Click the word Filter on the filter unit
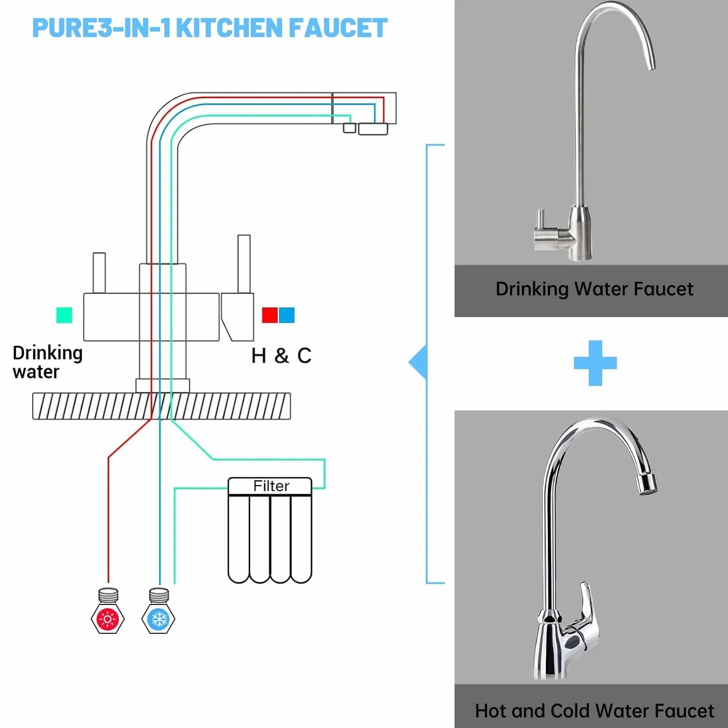[271, 486]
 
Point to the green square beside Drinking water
[64, 315]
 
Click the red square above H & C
[270, 315]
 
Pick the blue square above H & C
[286, 315]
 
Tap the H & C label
[281, 356]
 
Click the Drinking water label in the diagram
[47, 362]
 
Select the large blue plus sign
[595, 363]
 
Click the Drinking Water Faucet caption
[594, 289]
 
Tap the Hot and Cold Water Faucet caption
[594, 711]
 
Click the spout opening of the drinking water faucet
[652, 68]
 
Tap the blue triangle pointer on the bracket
[417, 362]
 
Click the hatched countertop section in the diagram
[162, 406]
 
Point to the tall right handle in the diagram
[244, 264]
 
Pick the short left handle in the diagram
[99, 273]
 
